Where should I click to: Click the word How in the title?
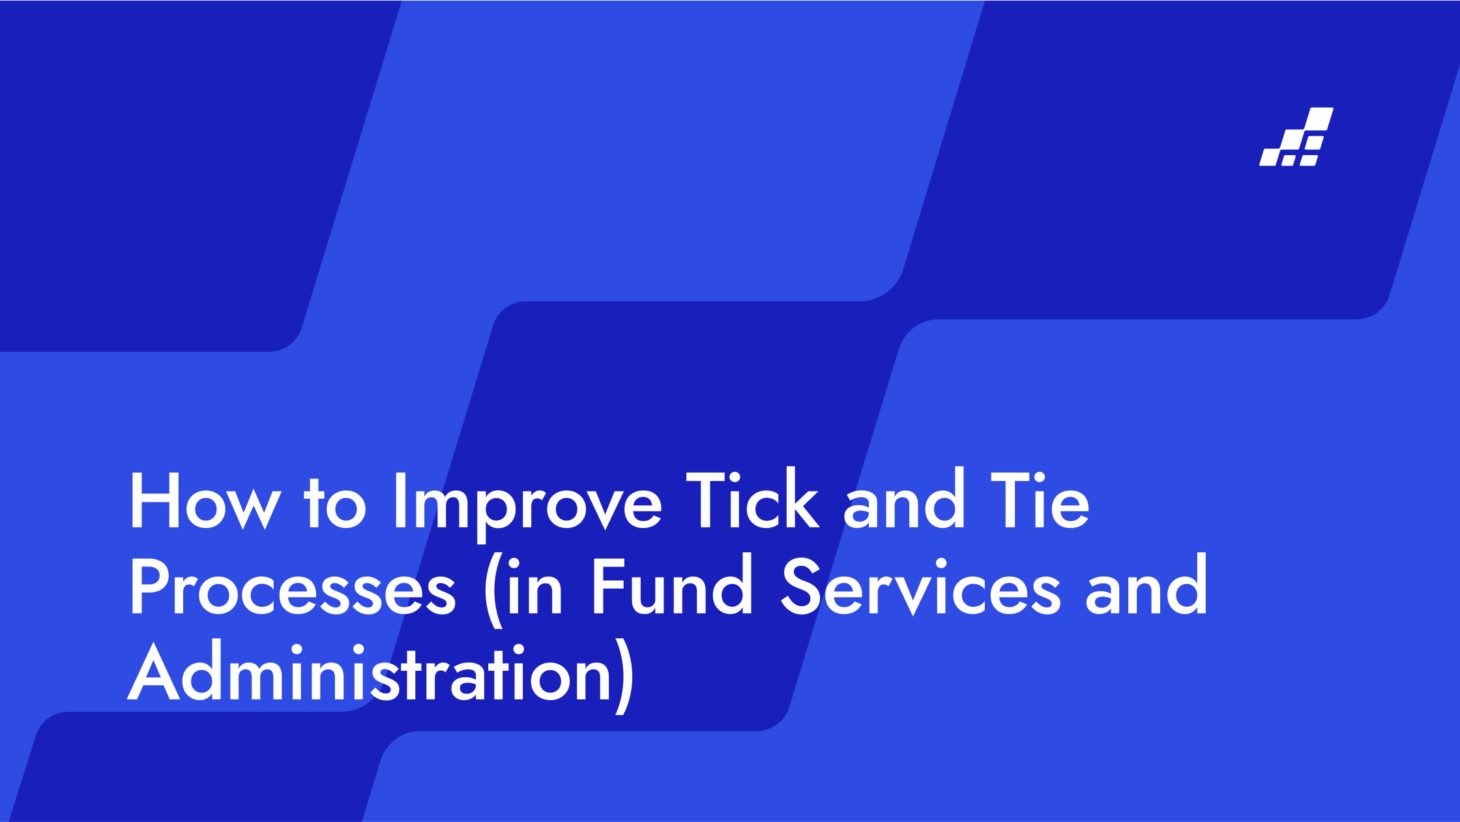pos(206,501)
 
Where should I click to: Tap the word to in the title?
pos(335,503)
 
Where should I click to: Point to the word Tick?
pos(752,499)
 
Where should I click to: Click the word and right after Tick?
pos(904,499)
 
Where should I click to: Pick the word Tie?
pos(1040,500)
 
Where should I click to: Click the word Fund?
pos(672,584)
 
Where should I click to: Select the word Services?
pos(921,587)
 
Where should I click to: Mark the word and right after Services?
pos(1146,584)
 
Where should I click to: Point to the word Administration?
pos(370,671)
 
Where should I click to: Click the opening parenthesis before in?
pos(493,591)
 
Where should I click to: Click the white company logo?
pos(1296,137)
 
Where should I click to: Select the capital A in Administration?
pos(153,672)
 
